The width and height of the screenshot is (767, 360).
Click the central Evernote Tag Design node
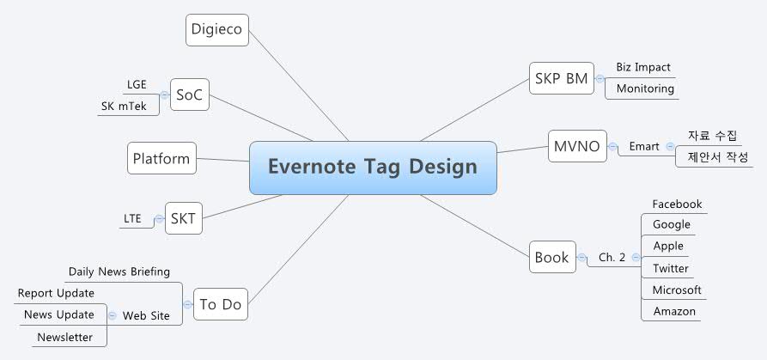[x=373, y=167]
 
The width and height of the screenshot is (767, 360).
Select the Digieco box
[x=217, y=31]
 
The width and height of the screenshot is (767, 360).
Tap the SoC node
[x=190, y=95]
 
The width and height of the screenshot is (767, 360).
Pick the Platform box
[x=161, y=158]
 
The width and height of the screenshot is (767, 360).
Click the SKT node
[x=183, y=218]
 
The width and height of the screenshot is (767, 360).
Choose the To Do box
[x=220, y=304]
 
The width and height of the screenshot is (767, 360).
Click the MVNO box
[x=577, y=145]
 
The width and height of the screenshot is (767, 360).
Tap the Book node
[x=551, y=257]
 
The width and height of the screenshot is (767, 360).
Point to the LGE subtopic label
[x=137, y=84]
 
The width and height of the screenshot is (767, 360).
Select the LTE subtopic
[x=132, y=218]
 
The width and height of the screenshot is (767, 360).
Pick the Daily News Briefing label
[x=119, y=272]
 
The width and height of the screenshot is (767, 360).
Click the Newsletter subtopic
[x=64, y=337]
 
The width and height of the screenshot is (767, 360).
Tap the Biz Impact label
[x=643, y=67]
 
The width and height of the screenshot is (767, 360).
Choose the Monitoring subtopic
[x=645, y=88]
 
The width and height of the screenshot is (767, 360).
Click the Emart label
[x=643, y=146]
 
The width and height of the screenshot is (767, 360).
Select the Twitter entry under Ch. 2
[x=670, y=268]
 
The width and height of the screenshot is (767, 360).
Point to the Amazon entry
[x=674, y=311]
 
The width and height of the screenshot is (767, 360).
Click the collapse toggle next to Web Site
[x=113, y=315]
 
